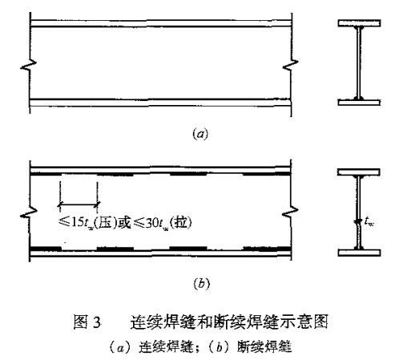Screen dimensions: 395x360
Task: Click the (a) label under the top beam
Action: coord(200,134)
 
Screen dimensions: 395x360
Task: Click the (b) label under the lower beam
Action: coord(201,283)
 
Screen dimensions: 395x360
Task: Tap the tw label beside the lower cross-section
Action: coord(369,221)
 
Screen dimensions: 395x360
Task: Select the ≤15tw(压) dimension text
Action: coord(88,223)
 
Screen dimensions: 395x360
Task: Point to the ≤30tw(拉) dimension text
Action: coord(163,223)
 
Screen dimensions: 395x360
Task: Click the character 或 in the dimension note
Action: coord(125,223)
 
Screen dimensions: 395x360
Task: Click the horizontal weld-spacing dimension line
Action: coord(79,204)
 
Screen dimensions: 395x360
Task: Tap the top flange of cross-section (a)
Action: coord(359,23)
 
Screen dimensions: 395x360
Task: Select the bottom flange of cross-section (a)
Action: coord(359,102)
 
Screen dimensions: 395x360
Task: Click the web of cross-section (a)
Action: coord(359,63)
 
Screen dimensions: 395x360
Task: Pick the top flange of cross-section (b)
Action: coord(359,172)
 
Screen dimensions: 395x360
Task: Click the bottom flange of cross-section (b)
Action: coord(359,253)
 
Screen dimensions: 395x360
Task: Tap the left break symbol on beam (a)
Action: coord(28,65)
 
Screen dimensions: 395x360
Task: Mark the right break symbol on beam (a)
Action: coord(291,65)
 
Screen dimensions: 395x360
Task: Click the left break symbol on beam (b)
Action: coord(29,212)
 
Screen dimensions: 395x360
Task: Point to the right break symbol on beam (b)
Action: coord(290,212)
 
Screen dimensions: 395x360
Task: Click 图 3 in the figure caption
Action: coord(87,322)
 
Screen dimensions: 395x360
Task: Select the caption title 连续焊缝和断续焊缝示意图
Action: coord(229,322)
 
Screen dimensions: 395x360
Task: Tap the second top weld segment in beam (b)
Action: coord(115,175)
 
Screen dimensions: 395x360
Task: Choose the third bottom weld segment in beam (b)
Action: coord(188,249)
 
